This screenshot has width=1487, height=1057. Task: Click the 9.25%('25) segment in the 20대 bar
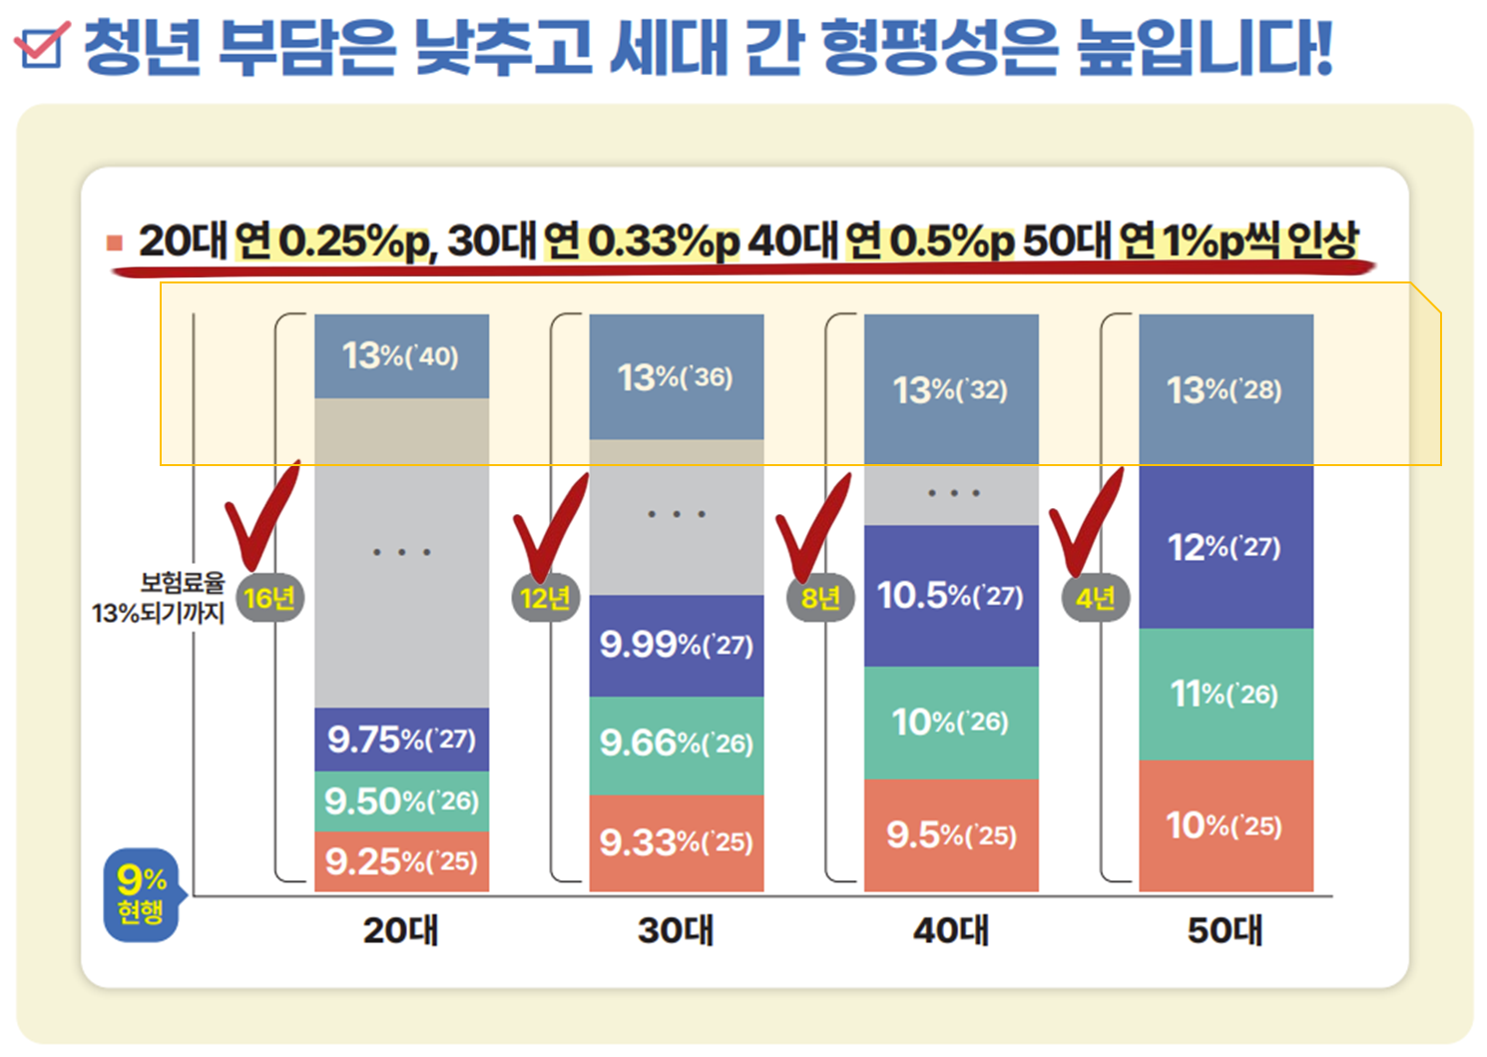401,861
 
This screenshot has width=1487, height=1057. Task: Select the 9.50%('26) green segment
401,800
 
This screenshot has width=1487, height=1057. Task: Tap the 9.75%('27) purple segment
401,740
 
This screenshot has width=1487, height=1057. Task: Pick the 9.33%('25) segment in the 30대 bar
676,842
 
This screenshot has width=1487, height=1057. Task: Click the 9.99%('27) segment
676,645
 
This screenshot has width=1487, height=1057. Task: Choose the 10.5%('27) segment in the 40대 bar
950,596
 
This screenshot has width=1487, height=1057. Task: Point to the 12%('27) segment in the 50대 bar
1225,547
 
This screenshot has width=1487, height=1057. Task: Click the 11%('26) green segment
1225,694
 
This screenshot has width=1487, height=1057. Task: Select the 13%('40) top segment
401,356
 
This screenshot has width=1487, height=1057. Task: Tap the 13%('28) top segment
1225,389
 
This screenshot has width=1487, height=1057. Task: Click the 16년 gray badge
269,598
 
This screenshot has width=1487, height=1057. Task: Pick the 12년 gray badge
545,598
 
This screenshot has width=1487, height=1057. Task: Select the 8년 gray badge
820,598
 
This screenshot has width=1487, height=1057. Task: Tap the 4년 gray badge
1095,598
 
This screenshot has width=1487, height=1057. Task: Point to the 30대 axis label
676,931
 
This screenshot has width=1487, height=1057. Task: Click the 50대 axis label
1225,931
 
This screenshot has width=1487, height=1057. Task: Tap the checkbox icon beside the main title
42,45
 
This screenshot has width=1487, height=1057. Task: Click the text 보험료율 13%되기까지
160,598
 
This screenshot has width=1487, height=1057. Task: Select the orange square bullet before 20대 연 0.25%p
115,243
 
